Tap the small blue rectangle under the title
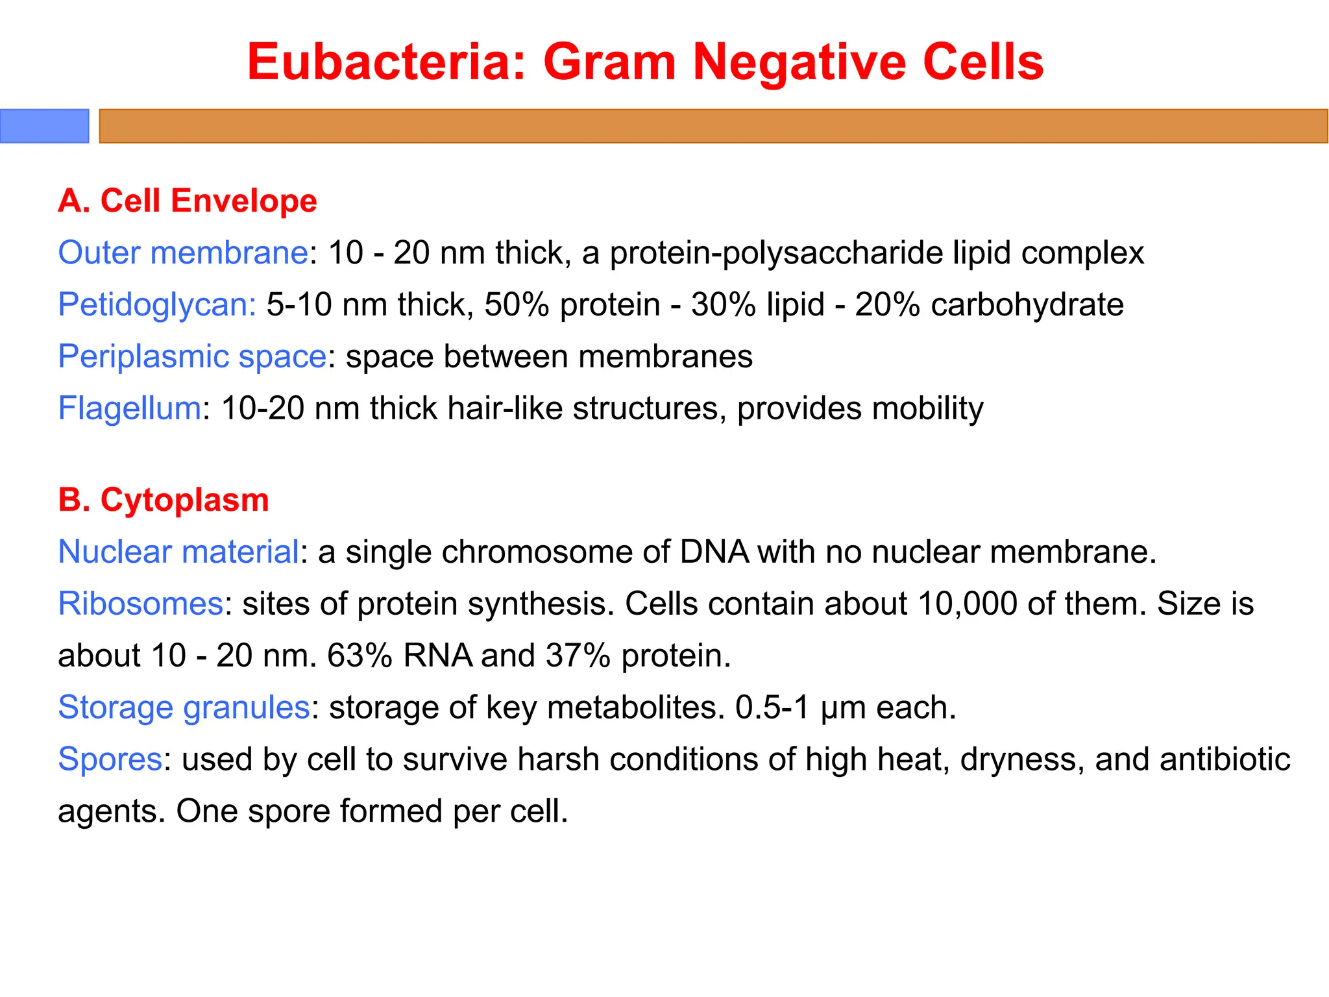(44, 126)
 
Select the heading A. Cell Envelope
(188, 201)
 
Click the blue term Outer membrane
(183, 252)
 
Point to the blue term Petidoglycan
(157, 304)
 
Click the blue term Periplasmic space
(192, 356)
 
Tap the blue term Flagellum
(130, 408)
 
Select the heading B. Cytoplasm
(164, 500)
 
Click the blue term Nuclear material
(179, 552)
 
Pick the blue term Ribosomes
(141, 604)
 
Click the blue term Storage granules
(184, 708)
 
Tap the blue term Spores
(110, 759)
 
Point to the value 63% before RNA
(360, 656)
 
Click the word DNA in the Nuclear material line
(714, 552)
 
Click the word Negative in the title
(799, 62)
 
